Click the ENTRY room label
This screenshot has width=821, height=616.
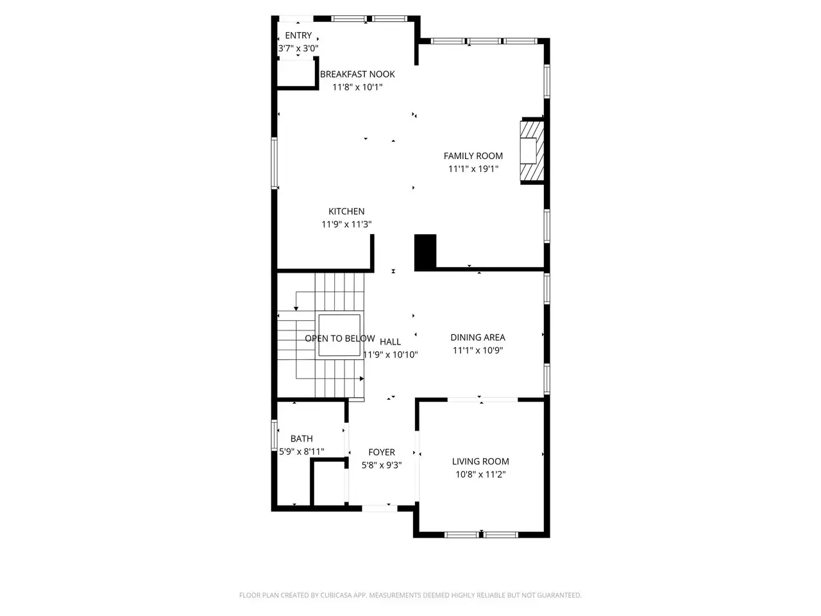pyautogui.click(x=298, y=35)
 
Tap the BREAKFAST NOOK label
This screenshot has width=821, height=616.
pyautogui.click(x=357, y=74)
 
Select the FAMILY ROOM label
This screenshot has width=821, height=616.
pyautogui.click(x=473, y=155)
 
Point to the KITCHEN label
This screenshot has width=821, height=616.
pyautogui.click(x=346, y=211)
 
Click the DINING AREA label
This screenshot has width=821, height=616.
pyautogui.click(x=478, y=338)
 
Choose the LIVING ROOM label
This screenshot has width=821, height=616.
pyautogui.click(x=480, y=461)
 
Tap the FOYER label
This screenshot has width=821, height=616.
pyautogui.click(x=382, y=452)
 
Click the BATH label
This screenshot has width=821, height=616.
pyautogui.click(x=301, y=438)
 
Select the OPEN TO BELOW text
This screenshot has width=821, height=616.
pyautogui.click(x=339, y=339)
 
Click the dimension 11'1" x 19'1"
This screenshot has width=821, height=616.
pyautogui.click(x=473, y=169)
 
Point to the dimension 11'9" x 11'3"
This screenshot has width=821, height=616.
pyautogui.click(x=346, y=224)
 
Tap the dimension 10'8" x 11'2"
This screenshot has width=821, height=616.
pyautogui.click(x=480, y=474)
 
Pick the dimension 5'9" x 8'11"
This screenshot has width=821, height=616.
pyautogui.click(x=301, y=452)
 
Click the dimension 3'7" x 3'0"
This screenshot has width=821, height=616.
pyautogui.click(x=298, y=48)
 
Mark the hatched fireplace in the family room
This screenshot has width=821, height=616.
pyautogui.click(x=532, y=151)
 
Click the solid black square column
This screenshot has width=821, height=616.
pyautogui.click(x=425, y=252)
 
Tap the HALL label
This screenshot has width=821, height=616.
pyautogui.click(x=390, y=341)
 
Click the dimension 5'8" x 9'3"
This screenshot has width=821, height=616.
pyautogui.click(x=382, y=465)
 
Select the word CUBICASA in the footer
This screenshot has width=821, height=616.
pyautogui.click(x=336, y=595)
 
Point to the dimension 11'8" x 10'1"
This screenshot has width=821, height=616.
pyautogui.click(x=357, y=87)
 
